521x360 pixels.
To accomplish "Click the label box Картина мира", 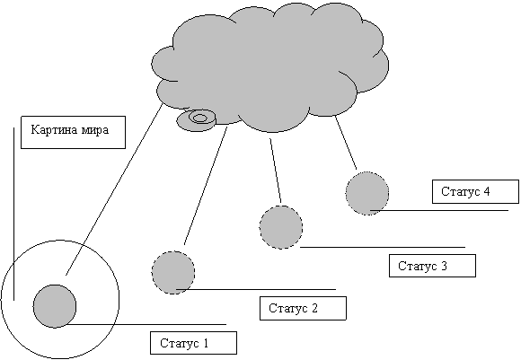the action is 73,132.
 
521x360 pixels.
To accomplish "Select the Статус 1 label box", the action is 193,343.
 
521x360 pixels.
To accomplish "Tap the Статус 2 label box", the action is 303,308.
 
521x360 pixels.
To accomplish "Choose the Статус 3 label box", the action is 432,266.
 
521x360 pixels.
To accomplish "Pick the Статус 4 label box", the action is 475,191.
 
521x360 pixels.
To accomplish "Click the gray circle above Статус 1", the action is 55,306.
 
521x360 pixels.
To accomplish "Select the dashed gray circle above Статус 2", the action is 173,273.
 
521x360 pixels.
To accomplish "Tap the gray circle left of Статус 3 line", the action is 281,227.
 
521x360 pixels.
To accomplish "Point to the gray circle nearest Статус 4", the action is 367,194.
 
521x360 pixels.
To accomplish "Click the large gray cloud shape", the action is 269,66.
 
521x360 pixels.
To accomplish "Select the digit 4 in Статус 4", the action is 487,191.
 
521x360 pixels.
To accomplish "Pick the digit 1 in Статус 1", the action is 206,343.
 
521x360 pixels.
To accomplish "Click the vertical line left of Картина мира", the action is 13,214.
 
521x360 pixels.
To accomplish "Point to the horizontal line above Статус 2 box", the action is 256,290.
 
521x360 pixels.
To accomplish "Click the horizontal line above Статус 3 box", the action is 383,247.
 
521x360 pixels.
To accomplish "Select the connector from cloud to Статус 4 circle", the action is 346,143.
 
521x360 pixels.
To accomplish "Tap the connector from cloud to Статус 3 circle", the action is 276,171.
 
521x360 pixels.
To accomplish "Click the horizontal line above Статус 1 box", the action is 146,324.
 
